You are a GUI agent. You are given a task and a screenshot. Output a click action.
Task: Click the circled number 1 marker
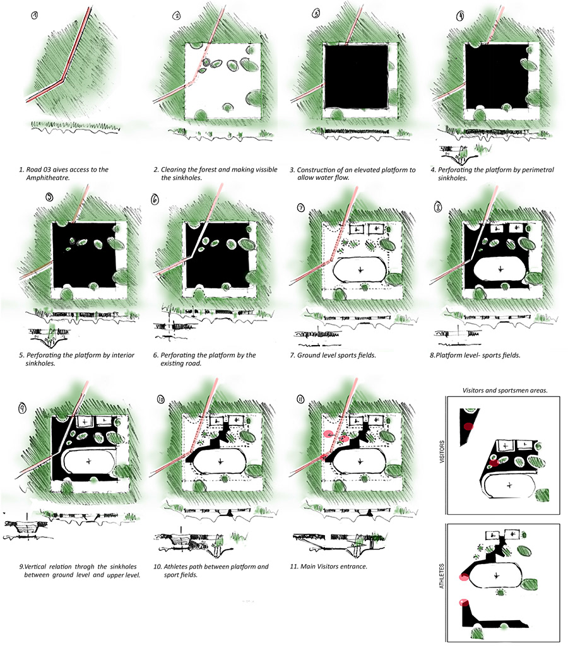pyautogui.click(x=35, y=15)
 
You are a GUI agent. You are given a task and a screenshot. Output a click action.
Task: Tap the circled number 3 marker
pyautogui.click(x=316, y=14)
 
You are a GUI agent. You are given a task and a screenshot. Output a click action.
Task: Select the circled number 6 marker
pyautogui.click(x=155, y=199)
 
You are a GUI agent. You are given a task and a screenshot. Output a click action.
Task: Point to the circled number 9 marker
pyautogui.click(x=22, y=408)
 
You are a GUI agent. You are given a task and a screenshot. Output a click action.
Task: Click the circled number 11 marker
pyautogui.click(x=300, y=399)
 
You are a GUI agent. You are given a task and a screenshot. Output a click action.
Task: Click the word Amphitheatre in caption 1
pyautogui.click(x=48, y=178)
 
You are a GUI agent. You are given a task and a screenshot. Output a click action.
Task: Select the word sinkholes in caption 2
pyautogui.click(x=187, y=178)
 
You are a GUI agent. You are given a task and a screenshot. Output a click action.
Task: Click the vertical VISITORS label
pyautogui.click(x=442, y=452)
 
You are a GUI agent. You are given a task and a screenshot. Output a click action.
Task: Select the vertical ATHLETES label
pyautogui.click(x=442, y=577)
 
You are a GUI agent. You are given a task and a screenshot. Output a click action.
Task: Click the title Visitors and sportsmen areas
pyautogui.click(x=505, y=391)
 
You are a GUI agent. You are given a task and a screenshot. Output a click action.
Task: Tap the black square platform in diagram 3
pyautogui.click(x=357, y=76)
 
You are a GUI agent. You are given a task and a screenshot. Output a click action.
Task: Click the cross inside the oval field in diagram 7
pyautogui.click(x=360, y=270)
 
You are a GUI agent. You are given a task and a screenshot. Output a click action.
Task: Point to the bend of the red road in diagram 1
pyautogui.click(x=62, y=79)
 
